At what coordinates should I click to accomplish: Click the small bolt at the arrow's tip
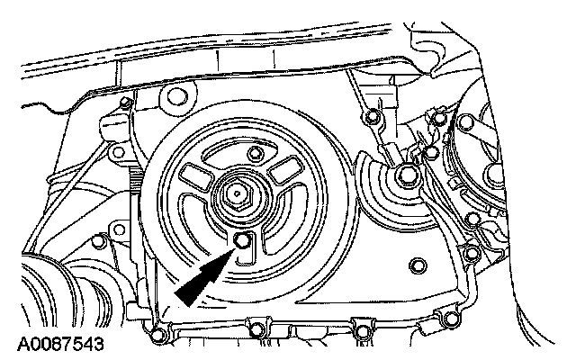(244, 238)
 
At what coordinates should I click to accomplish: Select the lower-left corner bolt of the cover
(157, 337)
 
